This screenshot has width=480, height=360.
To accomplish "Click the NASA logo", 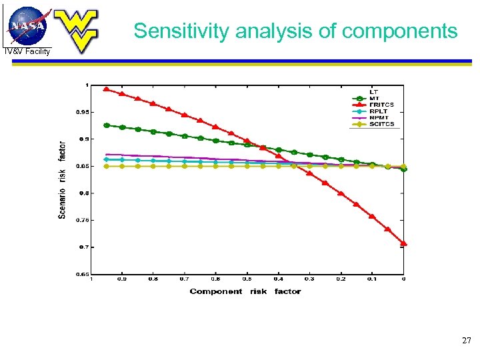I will (x=27, y=25).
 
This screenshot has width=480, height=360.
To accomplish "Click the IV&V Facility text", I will (x=27, y=51).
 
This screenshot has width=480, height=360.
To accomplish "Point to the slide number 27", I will (x=466, y=341).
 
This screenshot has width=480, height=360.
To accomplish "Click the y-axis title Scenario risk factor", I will (x=62, y=179).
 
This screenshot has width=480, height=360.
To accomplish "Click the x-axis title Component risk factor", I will (x=245, y=291).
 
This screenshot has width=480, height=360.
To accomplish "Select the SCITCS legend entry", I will (x=382, y=124).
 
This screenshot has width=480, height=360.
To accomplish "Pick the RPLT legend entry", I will (x=379, y=111).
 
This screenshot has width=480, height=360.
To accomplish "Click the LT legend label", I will (x=374, y=91).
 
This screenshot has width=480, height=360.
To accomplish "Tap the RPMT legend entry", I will (x=379, y=117).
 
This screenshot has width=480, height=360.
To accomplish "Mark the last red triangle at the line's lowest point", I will (x=403, y=243).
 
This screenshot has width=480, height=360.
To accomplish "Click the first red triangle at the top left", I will (x=107, y=89).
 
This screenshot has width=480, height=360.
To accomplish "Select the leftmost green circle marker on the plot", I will (x=107, y=125).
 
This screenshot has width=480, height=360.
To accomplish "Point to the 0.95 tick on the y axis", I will (x=79, y=112).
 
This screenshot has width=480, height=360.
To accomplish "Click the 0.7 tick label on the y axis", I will (x=81, y=247).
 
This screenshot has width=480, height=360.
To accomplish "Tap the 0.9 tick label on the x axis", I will (x=122, y=280).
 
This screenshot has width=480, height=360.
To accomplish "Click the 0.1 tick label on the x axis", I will (x=372, y=280).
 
